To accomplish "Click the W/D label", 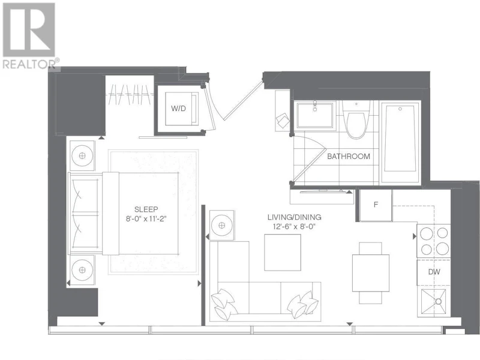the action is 178,109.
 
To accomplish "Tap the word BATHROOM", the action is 349,157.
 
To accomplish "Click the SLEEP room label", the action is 146,209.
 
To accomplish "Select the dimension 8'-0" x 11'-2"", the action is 146,219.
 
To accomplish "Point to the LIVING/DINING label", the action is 294,217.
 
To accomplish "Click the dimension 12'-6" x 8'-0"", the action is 294,227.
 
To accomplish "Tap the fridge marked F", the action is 376,205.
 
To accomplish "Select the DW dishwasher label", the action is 434,272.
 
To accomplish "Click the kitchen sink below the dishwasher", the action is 434,302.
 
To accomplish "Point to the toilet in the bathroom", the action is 356,120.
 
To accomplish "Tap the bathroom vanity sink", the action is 314,115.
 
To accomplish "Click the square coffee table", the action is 283,253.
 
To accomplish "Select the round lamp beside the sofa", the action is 222,226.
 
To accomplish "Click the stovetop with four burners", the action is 434,241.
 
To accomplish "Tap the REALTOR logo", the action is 29,36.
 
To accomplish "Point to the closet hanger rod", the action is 130,95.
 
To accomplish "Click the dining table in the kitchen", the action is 370,273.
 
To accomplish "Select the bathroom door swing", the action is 309,159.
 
